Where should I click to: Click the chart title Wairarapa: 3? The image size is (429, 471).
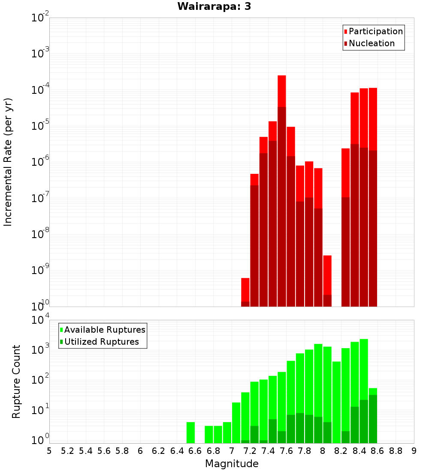[x=211, y=6]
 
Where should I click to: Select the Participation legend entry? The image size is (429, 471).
[x=373, y=31]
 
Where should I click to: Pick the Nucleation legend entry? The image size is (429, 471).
[x=369, y=43]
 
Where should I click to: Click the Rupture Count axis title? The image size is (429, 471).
[x=16, y=382]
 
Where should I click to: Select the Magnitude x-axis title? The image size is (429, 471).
[x=232, y=464]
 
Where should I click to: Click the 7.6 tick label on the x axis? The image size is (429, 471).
[x=286, y=451]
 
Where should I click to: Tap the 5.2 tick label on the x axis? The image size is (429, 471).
[x=67, y=451]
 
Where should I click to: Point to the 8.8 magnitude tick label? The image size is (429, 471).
[x=396, y=451]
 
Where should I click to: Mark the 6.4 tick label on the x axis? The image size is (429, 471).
[x=177, y=451]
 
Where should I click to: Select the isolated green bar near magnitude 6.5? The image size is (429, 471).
[x=190, y=432]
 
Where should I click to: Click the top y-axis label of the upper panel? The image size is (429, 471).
[x=40, y=18]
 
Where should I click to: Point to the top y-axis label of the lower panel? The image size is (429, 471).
[x=40, y=320]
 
